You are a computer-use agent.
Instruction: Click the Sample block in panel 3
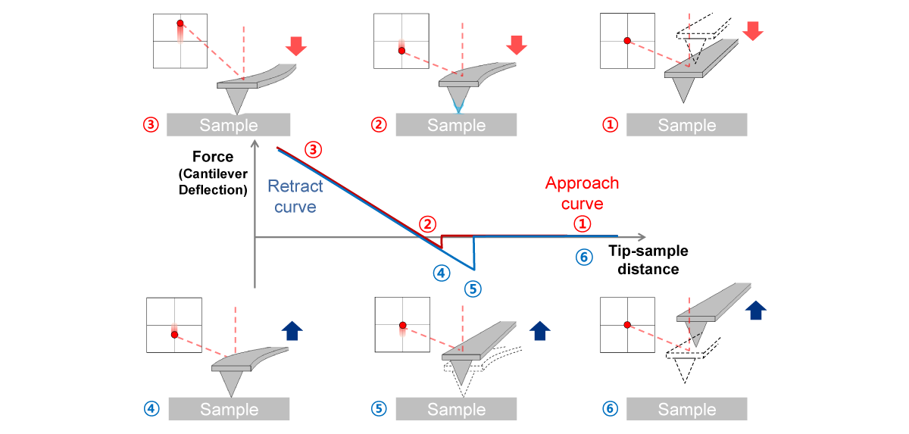point(228,125)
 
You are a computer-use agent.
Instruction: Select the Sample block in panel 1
point(686,125)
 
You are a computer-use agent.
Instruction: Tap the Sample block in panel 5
point(456,409)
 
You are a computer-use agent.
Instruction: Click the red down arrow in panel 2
point(516,45)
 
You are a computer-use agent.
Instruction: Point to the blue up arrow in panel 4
point(292,329)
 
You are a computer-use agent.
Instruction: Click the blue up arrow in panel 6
point(755,311)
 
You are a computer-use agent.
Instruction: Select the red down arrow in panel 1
point(753,31)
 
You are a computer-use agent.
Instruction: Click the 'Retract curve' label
point(295,196)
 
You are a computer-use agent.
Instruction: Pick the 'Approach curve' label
point(582,193)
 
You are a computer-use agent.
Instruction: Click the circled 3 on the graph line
point(313,150)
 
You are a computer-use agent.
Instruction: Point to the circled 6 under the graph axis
point(583,258)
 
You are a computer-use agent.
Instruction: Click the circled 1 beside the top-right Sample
point(610,125)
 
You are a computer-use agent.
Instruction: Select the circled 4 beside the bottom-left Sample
point(151,409)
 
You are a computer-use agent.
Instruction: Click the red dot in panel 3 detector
point(180,23)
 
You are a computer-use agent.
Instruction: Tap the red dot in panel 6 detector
point(626,324)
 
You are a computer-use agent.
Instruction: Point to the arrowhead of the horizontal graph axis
point(643,238)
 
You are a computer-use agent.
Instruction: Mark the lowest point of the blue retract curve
point(474,270)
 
